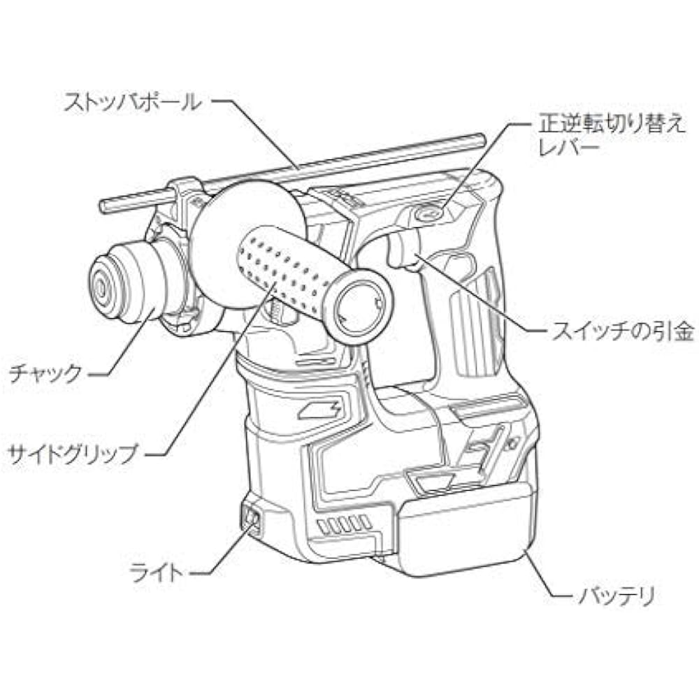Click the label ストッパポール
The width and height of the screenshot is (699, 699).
tap(132, 102)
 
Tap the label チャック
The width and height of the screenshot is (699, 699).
tap(46, 373)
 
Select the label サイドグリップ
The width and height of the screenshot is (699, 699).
tap(72, 454)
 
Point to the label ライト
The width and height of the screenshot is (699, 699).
tap(157, 572)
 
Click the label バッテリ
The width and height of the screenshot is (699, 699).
tap(617, 596)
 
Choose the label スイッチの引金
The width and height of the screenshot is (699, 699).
tap(622, 331)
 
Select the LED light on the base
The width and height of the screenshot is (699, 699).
tap(250, 519)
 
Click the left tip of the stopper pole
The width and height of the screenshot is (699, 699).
tap(103, 206)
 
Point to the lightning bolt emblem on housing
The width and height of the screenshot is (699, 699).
tap(320, 408)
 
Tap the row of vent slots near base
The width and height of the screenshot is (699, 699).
tap(343, 524)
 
